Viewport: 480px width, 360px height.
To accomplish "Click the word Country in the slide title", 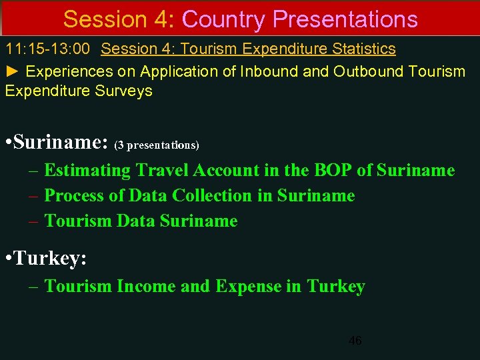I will (223, 19).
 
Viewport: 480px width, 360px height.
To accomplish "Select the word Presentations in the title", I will (345, 19).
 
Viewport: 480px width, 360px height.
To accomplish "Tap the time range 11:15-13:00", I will (50, 49).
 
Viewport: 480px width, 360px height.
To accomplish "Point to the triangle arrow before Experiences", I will (13, 71).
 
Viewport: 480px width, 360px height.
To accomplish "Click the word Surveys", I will (126, 91).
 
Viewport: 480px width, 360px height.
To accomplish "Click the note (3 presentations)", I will (157, 145).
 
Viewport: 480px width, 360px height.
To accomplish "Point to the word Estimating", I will (87, 171).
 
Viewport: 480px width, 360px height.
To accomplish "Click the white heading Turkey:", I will (51, 257).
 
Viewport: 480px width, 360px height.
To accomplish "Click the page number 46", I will (355, 341).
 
